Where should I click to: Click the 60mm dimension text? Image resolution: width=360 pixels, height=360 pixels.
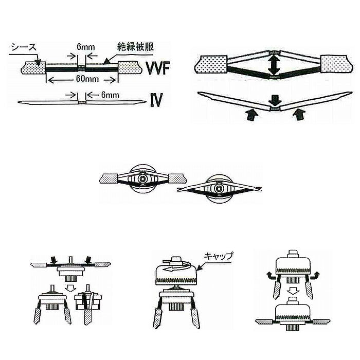84,80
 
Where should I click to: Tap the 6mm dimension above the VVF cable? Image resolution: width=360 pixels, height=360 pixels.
86,47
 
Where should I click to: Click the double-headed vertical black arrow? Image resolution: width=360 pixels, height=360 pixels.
274,66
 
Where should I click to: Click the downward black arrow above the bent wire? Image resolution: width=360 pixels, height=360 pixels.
274,98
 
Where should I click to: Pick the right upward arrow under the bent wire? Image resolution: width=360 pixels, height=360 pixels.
297,115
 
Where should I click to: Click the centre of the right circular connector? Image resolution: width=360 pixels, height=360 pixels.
219,189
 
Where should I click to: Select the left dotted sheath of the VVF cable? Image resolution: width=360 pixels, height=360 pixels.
31,67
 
